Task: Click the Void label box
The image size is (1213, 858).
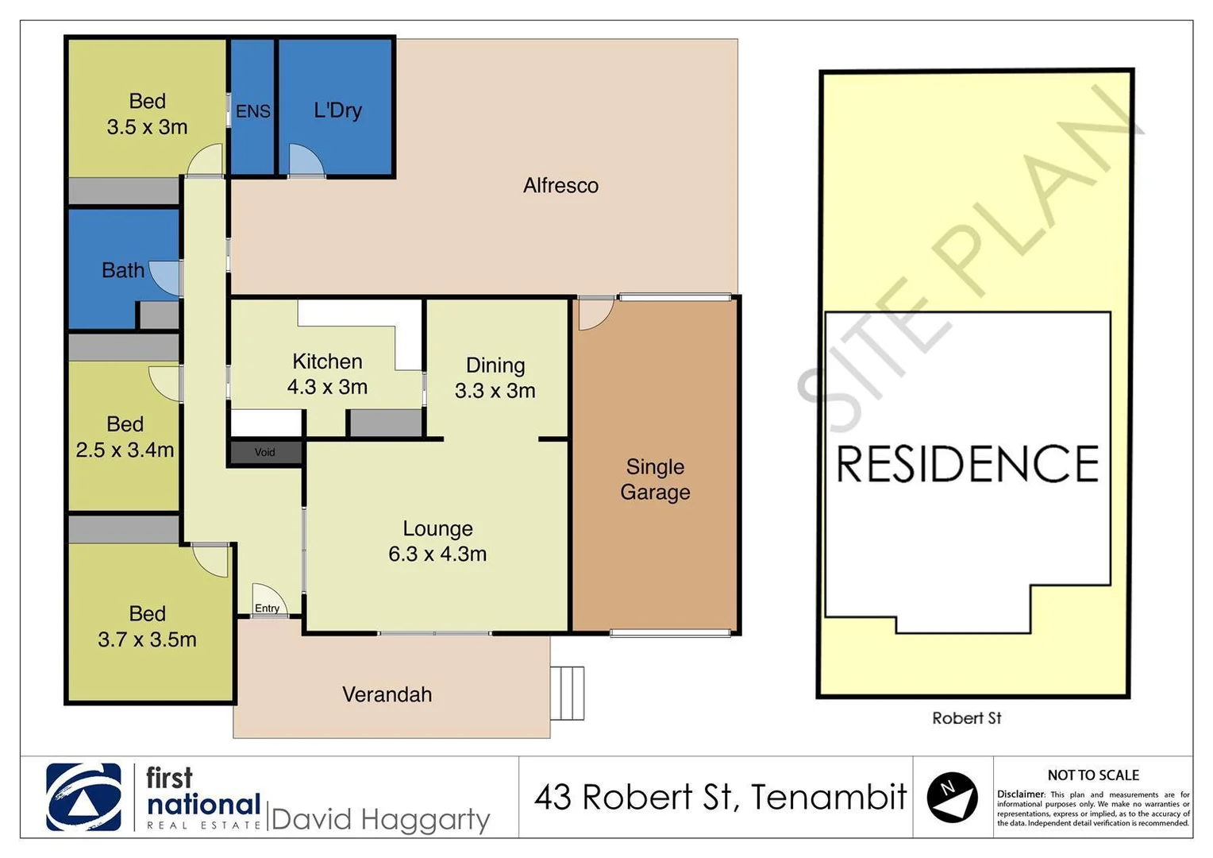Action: tap(265, 452)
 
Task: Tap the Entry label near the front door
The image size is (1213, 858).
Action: tap(268, 608)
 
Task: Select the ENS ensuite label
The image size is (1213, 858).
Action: tap(253, 111)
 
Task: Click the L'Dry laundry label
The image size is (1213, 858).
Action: tap(337, 110)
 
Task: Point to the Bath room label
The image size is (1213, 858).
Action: tap(123, 270)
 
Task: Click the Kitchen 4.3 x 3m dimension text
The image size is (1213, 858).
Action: tap(327, 387)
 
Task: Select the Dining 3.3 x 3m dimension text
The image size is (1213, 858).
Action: tap(495, 390)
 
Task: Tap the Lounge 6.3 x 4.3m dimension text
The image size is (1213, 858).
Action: tap(437, 554)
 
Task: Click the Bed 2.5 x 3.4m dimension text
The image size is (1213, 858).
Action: tap(125, 450)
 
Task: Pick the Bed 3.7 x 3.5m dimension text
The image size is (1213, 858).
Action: tap(147, 639)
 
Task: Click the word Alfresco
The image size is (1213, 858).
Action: tap(560, 185)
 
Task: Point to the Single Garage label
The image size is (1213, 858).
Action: tap(655, 479)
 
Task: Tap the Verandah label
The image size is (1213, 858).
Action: tap(387, 694)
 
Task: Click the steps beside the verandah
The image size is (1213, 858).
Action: tap(568, 693)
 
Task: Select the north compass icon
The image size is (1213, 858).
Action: tap(952, 797)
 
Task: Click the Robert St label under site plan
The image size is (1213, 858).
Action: tap(966, 718)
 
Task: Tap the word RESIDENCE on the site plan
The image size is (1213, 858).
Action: tap(967, 464)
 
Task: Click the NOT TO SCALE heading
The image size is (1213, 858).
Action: tap(1092, 775)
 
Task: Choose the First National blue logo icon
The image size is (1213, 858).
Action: tap(83, 797)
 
